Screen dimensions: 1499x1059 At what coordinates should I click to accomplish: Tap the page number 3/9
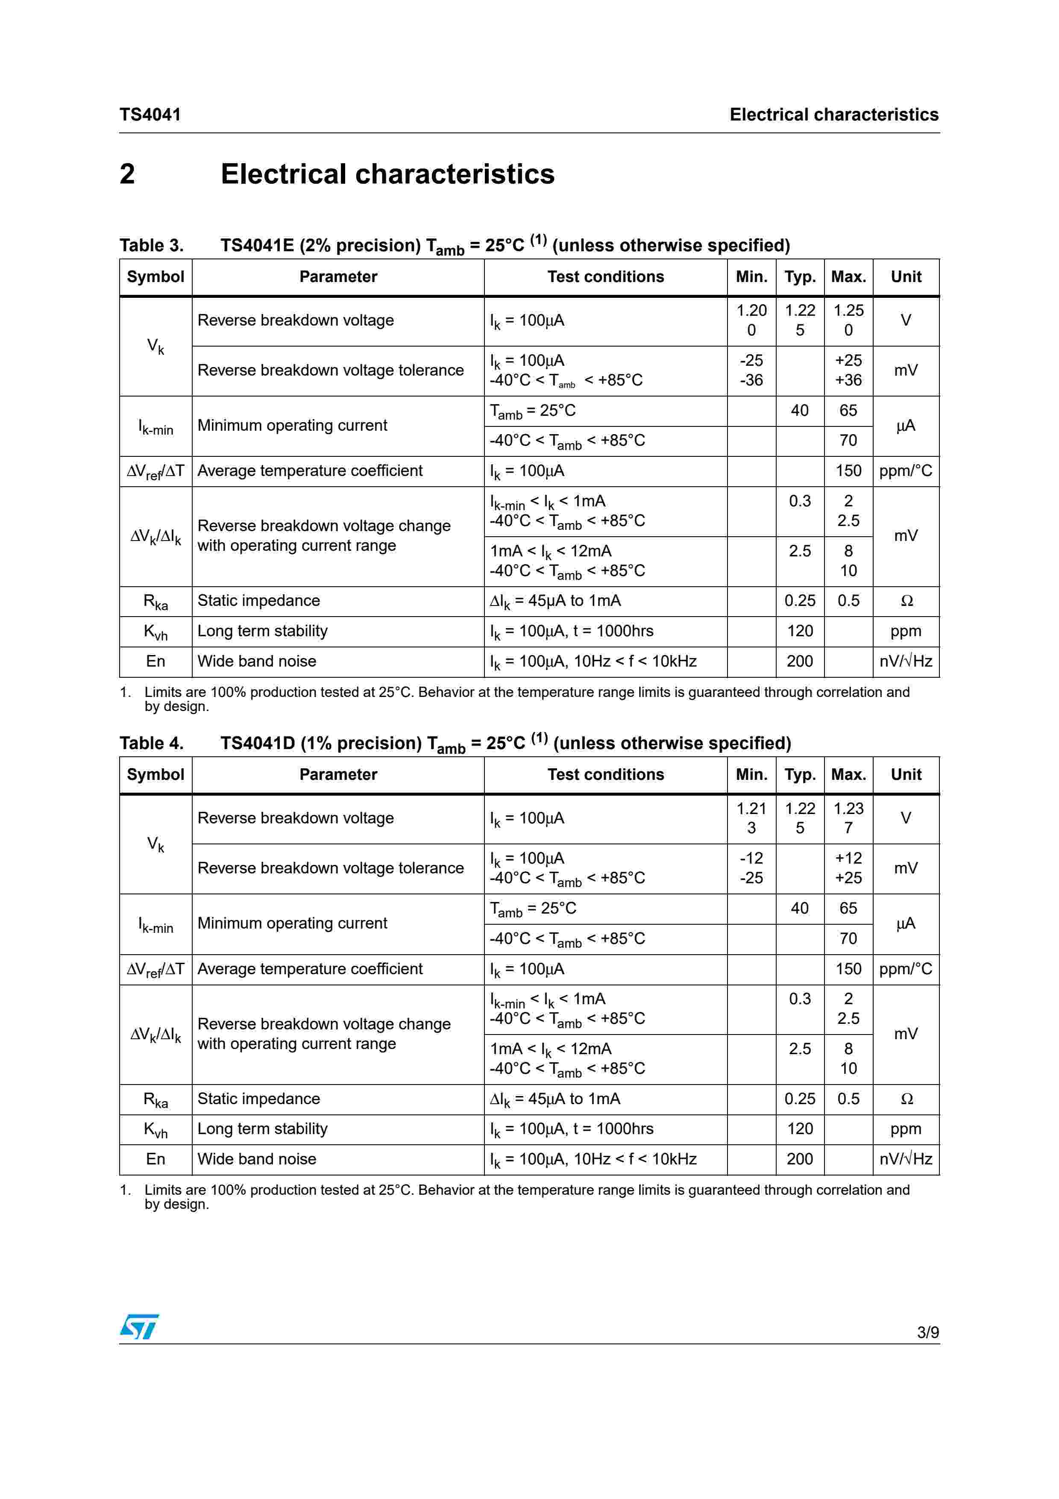coord(927,1332)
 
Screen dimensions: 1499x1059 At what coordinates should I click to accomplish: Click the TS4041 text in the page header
coord(150,115)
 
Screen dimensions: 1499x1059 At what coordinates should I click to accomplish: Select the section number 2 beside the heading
coord(127,174)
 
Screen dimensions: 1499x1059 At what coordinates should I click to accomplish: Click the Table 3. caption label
coord(151,245)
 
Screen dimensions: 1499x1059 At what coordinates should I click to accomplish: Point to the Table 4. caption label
coord(151,743)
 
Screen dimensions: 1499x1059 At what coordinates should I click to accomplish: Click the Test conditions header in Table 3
coord(605,277)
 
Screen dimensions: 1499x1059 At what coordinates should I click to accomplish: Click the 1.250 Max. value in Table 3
coord(848,320)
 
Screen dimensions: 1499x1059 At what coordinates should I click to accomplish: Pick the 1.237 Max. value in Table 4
coord(848,818)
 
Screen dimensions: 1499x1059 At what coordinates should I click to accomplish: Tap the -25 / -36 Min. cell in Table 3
coord(751,370)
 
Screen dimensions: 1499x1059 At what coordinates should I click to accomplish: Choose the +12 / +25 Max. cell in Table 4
coord(848,868)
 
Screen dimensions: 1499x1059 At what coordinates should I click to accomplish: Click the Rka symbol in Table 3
coord(155,601)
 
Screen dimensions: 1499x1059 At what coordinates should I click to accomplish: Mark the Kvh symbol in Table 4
coord(155,1129)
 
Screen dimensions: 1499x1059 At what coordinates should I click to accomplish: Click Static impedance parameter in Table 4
coord(258,1099)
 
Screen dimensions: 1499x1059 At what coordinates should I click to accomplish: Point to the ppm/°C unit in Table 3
coord(906,471)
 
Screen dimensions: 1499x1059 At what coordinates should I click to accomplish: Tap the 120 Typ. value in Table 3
coord(800,631)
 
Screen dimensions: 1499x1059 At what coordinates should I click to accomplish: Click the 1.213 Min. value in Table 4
coord(751,818)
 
